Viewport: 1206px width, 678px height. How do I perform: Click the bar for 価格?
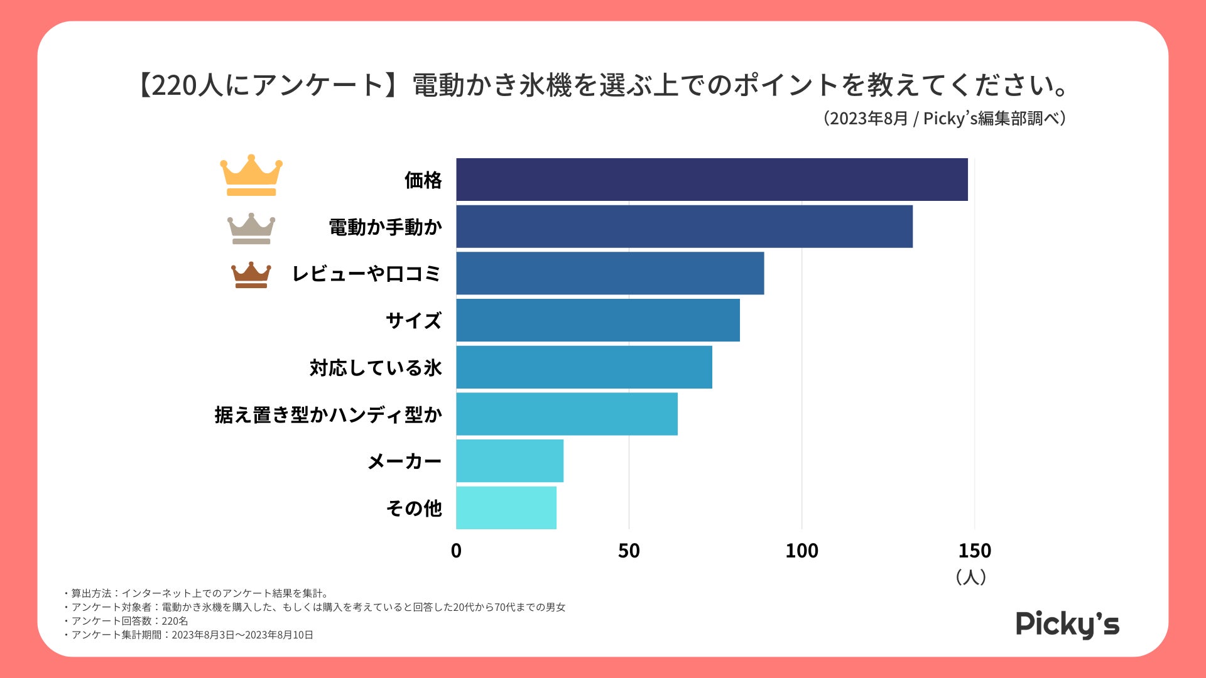coord(712,180)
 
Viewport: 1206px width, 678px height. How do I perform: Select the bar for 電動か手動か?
coord(684,227)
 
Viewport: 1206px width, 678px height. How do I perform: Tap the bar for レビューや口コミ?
coord(610,273)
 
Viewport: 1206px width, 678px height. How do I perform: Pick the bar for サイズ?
coord(598,320)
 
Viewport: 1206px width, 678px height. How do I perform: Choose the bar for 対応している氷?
coord(584,367)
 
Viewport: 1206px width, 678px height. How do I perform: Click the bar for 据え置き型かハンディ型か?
coord(567,414)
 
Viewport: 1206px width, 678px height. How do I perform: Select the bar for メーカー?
coord(509,461)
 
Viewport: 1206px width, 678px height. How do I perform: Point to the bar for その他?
coord(506,507)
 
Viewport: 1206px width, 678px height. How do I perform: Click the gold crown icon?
coord(251,175)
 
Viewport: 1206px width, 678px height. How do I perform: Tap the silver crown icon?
coord(251,229)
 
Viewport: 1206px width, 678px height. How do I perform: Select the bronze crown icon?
coord(251,275)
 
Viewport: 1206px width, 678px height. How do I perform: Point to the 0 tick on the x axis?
coord(456,551)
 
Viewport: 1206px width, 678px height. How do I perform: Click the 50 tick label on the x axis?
coord(629,551)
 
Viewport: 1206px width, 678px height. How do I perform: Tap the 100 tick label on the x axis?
coord(801,551)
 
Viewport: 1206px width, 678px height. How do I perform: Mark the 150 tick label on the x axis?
coord(974,551)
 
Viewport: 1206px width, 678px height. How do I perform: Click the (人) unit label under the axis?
coord(970,577)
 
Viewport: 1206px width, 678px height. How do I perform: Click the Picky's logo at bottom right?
coord(1067,624)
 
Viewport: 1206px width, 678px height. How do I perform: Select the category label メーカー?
coord(405,461)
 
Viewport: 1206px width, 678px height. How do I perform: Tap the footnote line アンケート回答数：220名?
coord(129,621)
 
